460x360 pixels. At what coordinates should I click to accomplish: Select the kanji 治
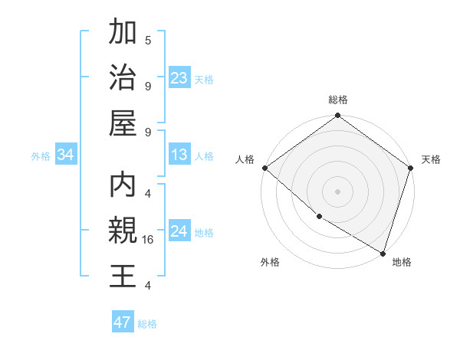pyautogui.click(x=123, y=78)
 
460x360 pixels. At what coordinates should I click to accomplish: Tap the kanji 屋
pyautogui.click(x=123, y=124)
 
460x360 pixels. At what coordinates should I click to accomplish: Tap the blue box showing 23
pyautogui.click(x=179, y=77)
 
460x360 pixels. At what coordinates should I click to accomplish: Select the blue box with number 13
pyautogui.click(x=179, y=155)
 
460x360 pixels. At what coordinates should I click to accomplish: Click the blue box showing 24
pyautogui.click(x=179, y=231)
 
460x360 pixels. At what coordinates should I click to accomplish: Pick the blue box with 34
pyautogui.click(x=66, y=155)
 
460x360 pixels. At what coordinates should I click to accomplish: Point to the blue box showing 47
pyautogui.click(x=123, y=322)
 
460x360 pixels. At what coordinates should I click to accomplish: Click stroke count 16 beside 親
pyautogui.click(x=149, y=240)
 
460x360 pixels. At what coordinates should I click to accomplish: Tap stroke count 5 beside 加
pyautogui.click(x=148, y=40)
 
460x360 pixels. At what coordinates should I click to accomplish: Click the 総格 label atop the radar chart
pyautogui.click(x=337, y=100)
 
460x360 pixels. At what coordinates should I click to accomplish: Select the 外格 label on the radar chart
pyautogui.click(x=270, y=262)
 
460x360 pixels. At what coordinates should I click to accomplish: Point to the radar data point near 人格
pyautogui.click(x=264, y=168)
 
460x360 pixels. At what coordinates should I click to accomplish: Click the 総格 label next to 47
pyautogui.click(x=147, y=324)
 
